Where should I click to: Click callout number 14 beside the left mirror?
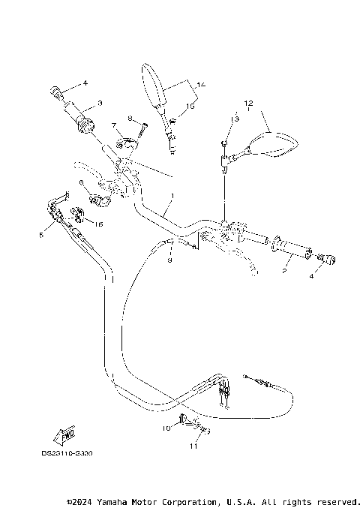click(200, 84)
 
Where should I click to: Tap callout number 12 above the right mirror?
click(248, 102)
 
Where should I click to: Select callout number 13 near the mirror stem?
click(234, 119)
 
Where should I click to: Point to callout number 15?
click(190, 107)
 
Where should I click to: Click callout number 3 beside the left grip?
click(100, 103)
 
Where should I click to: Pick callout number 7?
click(114, 125)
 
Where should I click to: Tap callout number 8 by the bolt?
click(130, 118)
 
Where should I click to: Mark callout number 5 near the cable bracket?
click(40, 235)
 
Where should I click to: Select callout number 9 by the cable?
click(169, 260)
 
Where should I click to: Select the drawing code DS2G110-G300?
click(72, 453)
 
